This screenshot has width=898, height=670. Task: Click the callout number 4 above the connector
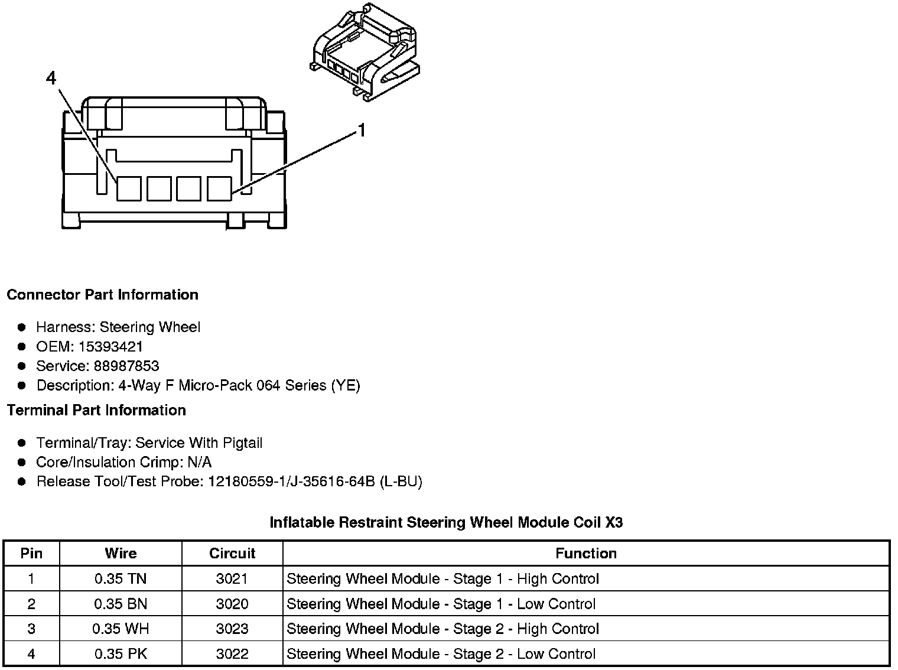(x=51, y=78)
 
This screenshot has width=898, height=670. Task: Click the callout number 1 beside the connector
(x=362, y=130)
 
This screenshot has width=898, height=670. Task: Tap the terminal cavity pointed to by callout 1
(x=219, y=188)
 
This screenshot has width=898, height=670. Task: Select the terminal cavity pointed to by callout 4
(x=128, y=188)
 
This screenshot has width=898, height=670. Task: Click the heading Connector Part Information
(x=102, y=295)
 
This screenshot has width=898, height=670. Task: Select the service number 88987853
(x=126, y=366)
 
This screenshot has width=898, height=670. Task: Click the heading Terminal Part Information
(x=96, y=410)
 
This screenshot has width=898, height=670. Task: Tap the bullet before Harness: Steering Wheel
(x=22, y=327)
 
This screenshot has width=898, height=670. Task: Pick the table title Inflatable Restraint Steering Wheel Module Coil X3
(x=446, y=522)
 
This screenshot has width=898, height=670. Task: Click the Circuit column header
(x=232, y=554)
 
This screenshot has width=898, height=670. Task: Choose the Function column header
(x=585, y=554)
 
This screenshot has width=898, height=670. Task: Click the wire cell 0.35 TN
(x=121, y=579)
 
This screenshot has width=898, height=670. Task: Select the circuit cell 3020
(x=232, y=604)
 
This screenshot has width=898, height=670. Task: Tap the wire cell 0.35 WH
(x=121, y=629)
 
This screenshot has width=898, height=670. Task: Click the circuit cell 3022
(x=232, y=654)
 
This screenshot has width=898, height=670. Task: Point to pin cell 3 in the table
(x=31, y=629)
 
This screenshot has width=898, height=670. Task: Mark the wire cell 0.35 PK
(x=121, y=654)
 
